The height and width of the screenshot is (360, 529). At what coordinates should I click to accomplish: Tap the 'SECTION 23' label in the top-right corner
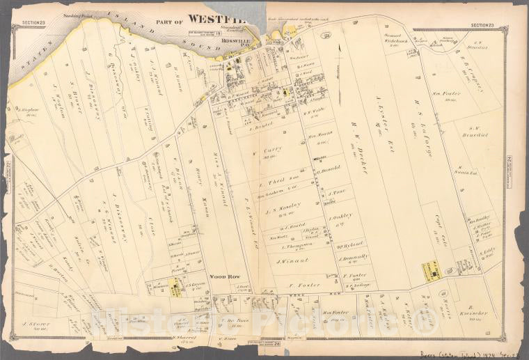click(x=482, y=25)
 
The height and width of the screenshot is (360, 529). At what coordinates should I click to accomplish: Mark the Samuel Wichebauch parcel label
click(x=397, y=37)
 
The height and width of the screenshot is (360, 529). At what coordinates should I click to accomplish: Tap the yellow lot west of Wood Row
click(x=173, y=288)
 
